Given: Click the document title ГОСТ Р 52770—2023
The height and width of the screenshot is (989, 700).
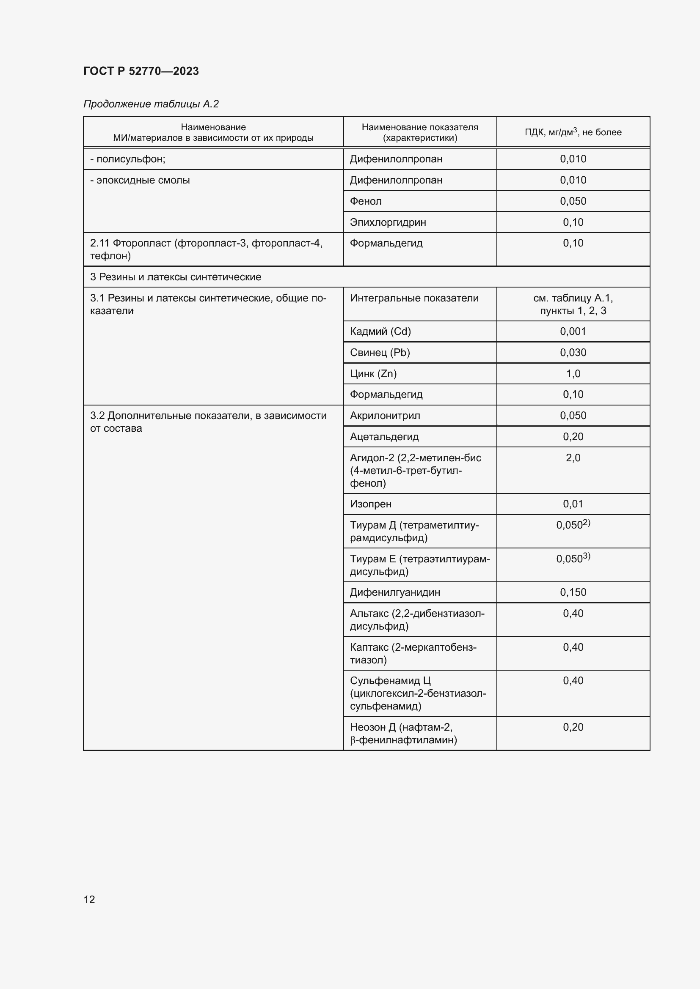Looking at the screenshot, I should click(141, 71).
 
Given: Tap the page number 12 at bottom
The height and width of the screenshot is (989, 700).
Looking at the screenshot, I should click(89, 899).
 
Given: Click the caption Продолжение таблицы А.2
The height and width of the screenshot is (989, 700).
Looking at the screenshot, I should click(151, 104).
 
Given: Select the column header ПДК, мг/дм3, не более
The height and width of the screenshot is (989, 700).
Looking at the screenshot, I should click(573, 132).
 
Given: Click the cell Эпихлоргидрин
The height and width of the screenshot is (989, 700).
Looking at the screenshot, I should click(388, 222).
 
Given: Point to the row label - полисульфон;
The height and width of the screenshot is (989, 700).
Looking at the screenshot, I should click(127, 159).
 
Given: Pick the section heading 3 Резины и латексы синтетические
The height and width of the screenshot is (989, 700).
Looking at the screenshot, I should click(176, 277).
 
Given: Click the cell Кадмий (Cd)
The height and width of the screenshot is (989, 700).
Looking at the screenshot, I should click(380, 331).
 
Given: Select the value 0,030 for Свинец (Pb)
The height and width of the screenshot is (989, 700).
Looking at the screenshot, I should click(573, 352).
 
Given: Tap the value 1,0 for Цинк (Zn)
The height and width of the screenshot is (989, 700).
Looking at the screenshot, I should click(573, 373).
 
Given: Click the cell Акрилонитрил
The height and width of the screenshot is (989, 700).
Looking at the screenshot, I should click(385, 416).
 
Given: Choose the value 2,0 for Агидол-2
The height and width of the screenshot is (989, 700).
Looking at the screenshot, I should click(573, 458).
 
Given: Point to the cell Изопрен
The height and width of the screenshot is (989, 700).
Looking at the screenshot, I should click(371, 504).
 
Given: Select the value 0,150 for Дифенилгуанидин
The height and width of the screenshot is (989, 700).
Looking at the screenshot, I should click(573, 592).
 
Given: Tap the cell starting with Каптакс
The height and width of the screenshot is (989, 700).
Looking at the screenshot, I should click(413, 653).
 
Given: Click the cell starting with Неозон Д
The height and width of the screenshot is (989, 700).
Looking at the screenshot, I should click(403, 734).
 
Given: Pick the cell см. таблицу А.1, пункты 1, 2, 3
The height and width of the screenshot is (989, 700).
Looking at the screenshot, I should click(573, 304).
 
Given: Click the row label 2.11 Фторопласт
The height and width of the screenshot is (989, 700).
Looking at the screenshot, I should click(206, 249).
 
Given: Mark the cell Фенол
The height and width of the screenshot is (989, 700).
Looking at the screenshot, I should click(366, 201).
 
